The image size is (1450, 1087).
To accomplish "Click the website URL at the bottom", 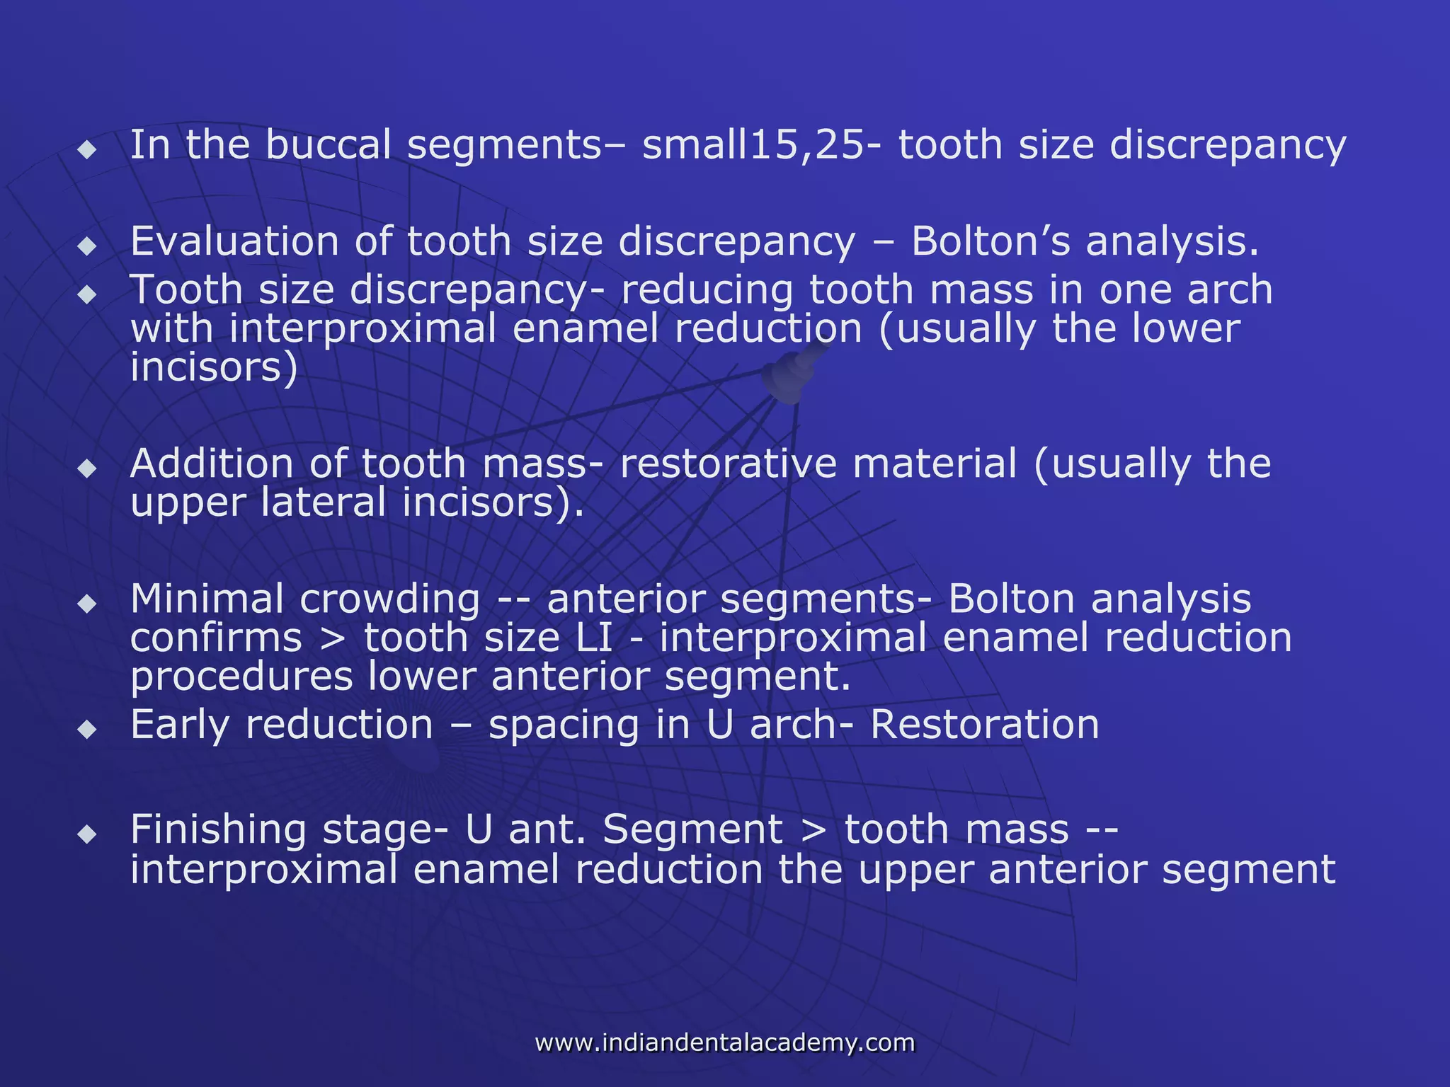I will (724, 1042).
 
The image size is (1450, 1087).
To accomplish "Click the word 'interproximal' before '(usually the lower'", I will (362, 329).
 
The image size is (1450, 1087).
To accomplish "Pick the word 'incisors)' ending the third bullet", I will (214, 367).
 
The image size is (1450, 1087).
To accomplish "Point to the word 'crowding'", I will (390, 600).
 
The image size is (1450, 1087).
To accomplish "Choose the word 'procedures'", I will (241, 677).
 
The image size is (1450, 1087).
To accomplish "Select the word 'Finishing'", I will (218, 830).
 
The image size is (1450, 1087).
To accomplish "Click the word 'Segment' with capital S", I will (692, 830).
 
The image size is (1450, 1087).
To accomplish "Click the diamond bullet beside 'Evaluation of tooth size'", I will (87, 246).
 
